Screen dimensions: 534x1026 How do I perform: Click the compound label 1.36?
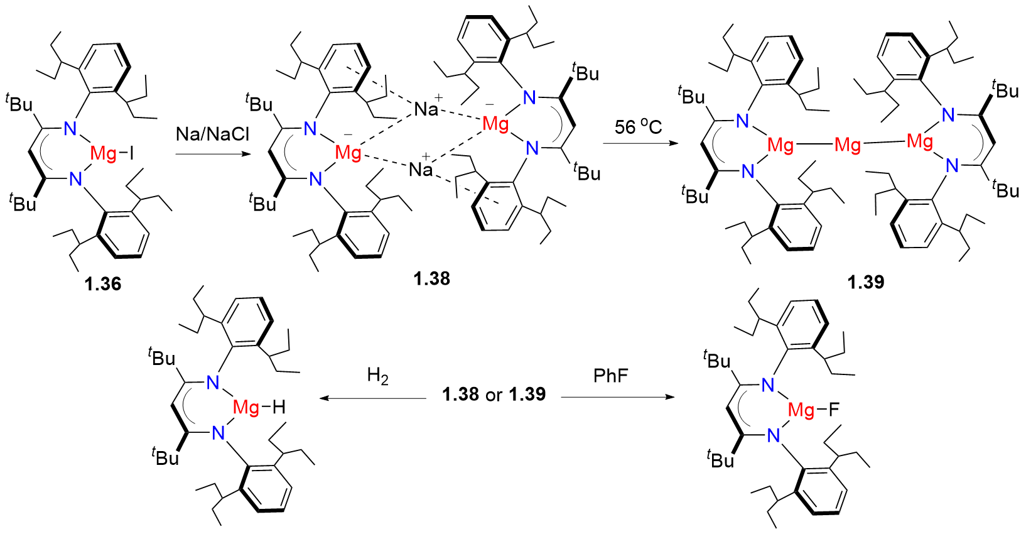103,283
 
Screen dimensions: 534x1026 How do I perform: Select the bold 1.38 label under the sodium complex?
432,278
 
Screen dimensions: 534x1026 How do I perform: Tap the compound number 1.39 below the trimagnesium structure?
866,282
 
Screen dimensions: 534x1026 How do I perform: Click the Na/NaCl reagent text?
213,134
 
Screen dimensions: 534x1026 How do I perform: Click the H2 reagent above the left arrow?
378,376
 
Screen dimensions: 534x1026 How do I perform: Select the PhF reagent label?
610,376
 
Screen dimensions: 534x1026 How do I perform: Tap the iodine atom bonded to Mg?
131,153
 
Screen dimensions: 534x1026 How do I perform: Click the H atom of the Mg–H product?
279,408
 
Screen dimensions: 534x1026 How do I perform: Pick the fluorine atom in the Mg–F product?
833,410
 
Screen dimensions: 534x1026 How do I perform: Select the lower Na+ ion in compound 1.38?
421,168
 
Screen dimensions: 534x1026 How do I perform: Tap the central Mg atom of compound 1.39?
848,146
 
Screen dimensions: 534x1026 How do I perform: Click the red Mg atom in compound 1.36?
104,153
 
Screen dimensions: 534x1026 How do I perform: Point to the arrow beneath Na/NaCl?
213,151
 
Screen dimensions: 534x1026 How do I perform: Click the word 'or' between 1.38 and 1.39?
494,395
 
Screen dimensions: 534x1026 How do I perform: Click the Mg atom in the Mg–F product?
801,410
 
